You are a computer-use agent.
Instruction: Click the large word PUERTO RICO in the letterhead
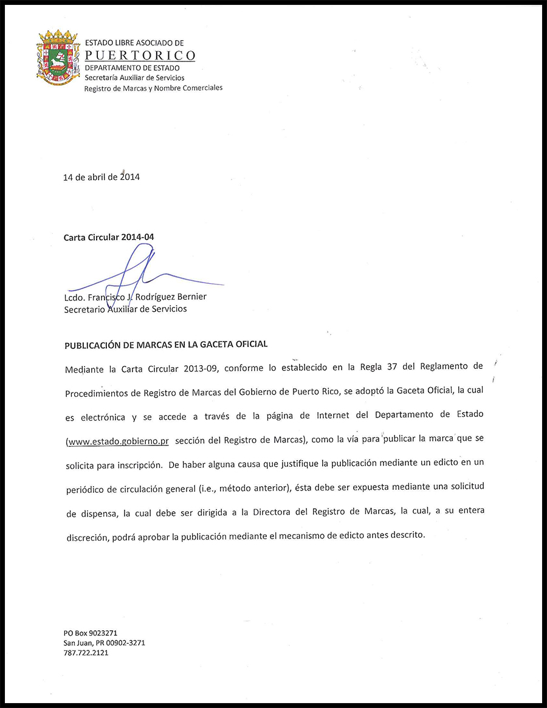pos(140,56)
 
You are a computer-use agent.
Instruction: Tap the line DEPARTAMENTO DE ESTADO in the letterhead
pos(132,68)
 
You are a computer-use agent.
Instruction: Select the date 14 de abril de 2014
pos(101,177)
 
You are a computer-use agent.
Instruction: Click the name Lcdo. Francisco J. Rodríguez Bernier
pos(135,297)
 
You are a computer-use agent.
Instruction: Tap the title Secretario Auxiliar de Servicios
pos(125,309)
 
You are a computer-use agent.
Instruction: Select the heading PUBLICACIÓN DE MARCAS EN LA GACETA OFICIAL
pos(166,344)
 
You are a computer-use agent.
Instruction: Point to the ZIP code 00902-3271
pos(124,643)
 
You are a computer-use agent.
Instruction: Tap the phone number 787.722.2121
pos(86,653)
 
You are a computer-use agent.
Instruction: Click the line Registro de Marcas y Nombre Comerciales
pos(153,88)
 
